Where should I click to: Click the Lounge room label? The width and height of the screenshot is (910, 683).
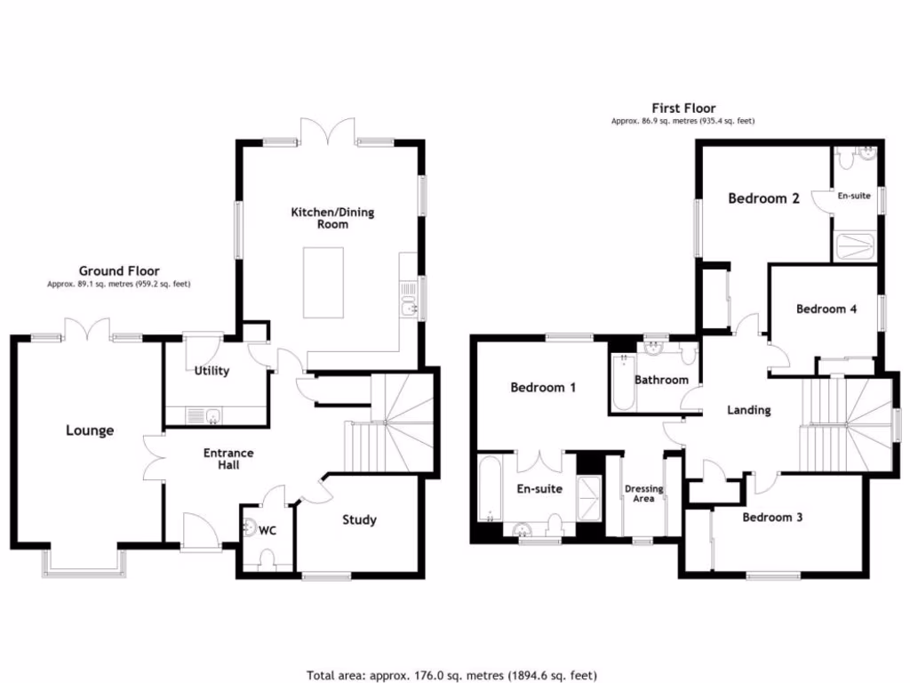click(90, 430)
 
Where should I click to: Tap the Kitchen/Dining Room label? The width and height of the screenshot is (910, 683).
click(333, 218)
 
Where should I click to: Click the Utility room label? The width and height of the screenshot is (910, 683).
click(212, 370)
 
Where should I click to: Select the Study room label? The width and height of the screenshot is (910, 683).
click(359, 519)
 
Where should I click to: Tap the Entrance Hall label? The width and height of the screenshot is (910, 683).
click(228, 459)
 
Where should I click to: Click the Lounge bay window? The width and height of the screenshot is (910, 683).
click(84, 560)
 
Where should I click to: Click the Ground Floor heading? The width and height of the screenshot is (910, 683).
click(119, 271)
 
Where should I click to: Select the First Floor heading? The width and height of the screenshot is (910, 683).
click(683, 108)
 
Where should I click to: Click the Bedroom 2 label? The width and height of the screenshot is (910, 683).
click(763, 198)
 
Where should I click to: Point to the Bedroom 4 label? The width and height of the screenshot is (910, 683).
click(826, 309)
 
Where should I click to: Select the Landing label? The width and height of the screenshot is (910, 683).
click(748, 410)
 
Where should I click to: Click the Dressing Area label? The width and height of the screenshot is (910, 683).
click(643, 494)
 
